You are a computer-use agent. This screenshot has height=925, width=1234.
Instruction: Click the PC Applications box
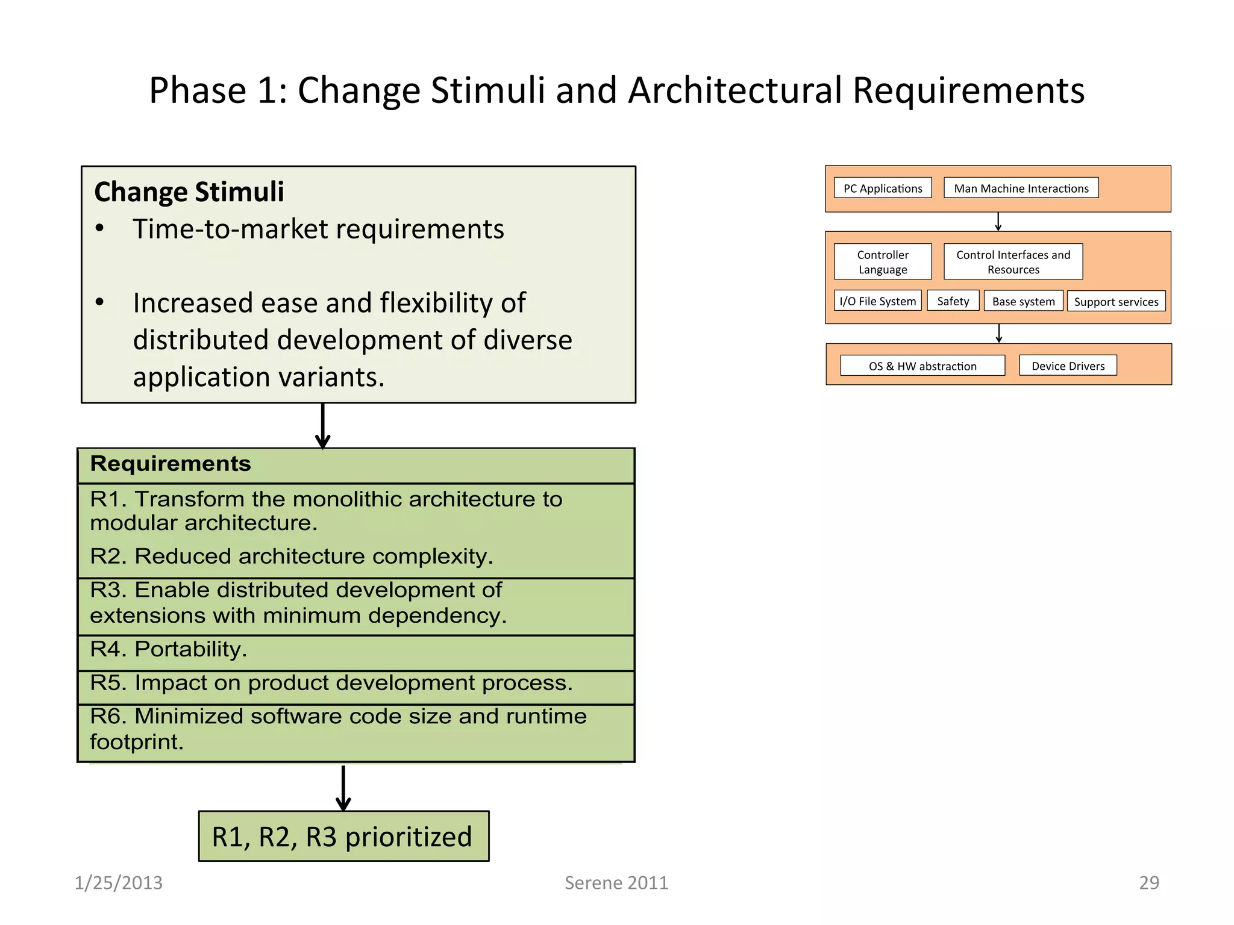(x=883, y=188)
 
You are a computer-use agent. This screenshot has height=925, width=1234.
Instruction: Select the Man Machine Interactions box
(x=1021, y=188)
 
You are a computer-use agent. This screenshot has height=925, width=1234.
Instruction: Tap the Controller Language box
(x=883, y=262)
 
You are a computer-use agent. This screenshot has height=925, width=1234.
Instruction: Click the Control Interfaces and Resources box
(x=1013, y=262)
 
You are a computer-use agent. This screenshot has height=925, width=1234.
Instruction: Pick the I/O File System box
(x=877, y=301)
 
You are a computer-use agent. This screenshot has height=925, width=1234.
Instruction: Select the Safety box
(x=953, y=301)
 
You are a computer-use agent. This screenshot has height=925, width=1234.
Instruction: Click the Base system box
(x=1023, y=301)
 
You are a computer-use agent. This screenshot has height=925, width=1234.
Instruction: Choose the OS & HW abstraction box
(x=922, y=366)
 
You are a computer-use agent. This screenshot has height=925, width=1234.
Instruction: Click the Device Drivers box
(x=1068, y=366)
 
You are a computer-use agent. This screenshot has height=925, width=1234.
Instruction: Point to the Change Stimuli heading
(x=189, y=192)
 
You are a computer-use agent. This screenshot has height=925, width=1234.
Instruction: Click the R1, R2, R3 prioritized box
(x=343, y=836)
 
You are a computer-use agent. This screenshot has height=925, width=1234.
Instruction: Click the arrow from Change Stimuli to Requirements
(x=323, y=425)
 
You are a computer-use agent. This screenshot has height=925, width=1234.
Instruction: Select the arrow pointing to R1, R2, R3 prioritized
(x=343, y=787)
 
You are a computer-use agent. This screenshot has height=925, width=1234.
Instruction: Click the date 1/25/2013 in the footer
(x=119, y=883)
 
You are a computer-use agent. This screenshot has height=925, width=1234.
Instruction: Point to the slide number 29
(x=1148, y=883)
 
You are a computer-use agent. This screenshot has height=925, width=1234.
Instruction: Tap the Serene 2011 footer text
(x=616, y=883)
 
